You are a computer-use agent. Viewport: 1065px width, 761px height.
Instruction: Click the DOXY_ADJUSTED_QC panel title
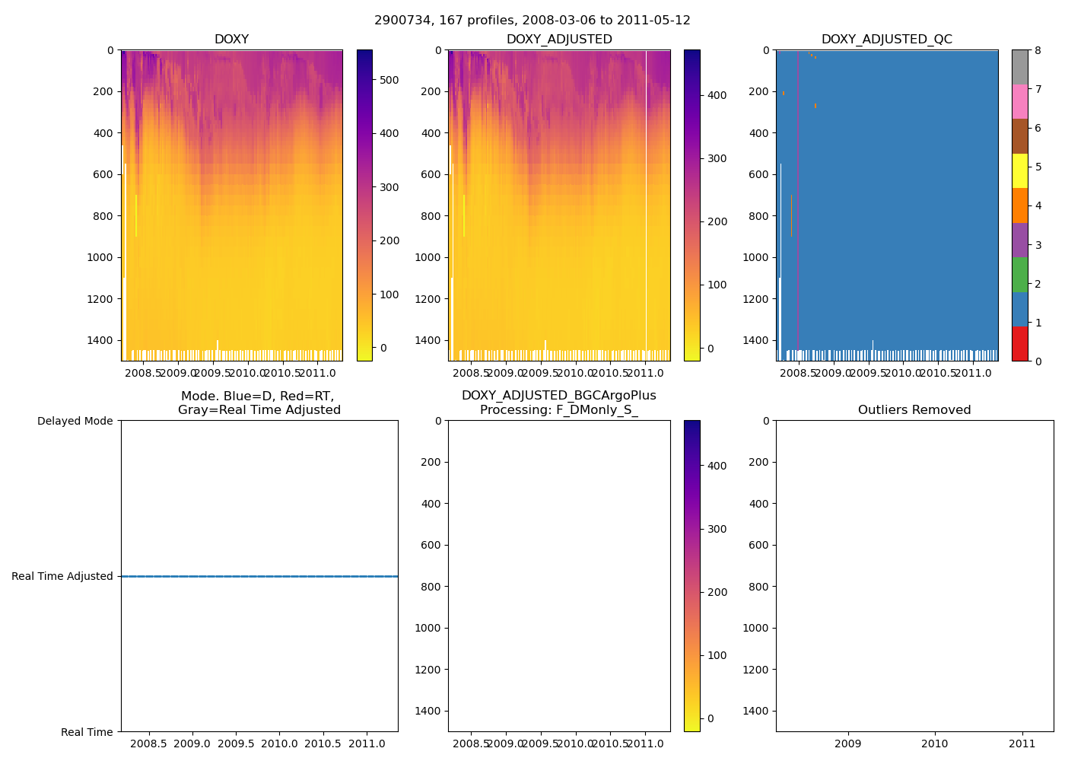(886, 40)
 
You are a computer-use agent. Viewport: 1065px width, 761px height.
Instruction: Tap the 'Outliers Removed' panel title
(914, 410)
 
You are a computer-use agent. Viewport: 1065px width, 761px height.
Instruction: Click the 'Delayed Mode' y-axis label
(75, 421)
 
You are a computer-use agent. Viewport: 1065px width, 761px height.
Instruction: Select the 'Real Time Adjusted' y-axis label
(62, 576)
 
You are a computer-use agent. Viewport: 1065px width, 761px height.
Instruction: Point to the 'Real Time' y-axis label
(87, 732)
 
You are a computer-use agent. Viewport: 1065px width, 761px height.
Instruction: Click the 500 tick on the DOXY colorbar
(389, 80)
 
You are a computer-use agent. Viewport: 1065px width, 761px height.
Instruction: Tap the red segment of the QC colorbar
(1019, 344)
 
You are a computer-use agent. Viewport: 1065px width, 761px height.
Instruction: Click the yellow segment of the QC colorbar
(1019, 170)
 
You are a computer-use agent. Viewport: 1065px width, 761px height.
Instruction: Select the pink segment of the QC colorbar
(1019, 101)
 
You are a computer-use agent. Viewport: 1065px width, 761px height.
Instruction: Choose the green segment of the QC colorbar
(1019, 275)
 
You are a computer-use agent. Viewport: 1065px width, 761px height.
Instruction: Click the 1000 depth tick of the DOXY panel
(100, 257)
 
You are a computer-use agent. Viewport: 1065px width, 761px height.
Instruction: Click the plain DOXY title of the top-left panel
(231, 40)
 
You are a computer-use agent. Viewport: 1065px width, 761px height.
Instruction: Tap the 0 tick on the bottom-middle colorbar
(711, 718)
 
